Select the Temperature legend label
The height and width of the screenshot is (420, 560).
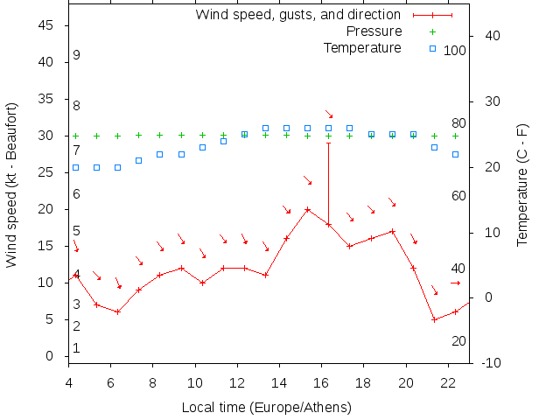(x=362, y=47)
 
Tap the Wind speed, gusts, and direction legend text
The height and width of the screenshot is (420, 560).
(x=297, y=15)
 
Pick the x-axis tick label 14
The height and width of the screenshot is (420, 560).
(x=279, y=381)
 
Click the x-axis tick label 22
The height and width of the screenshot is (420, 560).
(x=448, y=381)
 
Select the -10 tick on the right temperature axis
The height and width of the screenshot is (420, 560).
(x=490, y=362)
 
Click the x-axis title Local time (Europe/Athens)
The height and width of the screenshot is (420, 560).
(x=266, y=407)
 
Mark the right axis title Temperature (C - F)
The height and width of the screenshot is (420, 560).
(x=522, y=184)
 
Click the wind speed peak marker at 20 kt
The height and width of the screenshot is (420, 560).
(x=307, y=209)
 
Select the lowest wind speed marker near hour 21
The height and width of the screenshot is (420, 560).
(x=434, y=319)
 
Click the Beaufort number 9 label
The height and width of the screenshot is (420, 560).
(x=77, y=55)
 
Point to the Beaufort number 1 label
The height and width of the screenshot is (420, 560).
(x=77, y=348)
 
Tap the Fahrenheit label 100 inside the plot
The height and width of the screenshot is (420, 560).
(x=454, y=51)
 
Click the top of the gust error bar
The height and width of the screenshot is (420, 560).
(x=329, y=143)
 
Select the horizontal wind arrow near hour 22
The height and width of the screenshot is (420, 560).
(x=455, y=283)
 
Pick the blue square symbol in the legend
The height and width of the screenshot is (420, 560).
(x=432, y=47)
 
